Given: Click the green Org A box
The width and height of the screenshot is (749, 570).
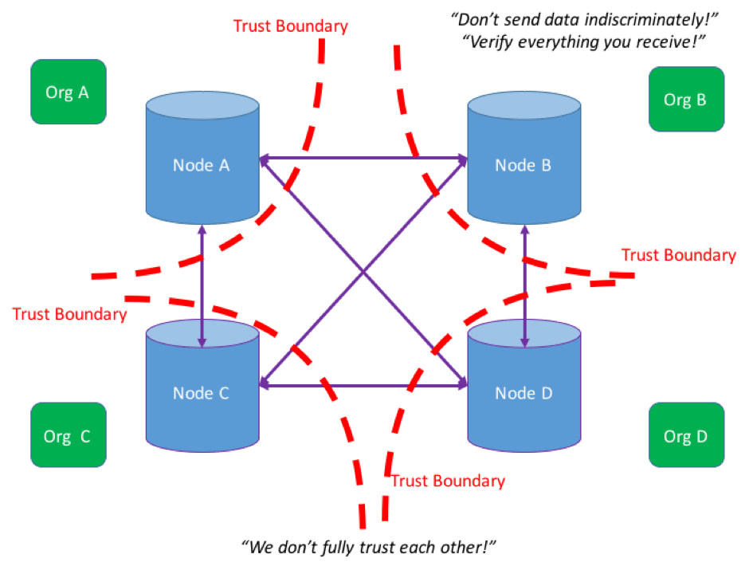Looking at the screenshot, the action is point(69,92).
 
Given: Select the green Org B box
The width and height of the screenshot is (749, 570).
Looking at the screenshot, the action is point(686,99).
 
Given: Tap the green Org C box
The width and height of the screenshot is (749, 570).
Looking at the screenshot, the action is point(69,434).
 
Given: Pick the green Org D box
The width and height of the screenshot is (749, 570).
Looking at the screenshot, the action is point(686,434).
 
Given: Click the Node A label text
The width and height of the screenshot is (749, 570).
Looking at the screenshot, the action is point(201,165).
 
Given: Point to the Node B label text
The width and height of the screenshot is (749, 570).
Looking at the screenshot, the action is point(523,165).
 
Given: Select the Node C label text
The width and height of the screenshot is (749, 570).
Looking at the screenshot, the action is point(201,393).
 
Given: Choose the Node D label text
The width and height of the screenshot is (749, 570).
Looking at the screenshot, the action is point(524,393).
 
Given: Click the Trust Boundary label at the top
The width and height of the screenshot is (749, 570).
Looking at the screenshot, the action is point(290,26).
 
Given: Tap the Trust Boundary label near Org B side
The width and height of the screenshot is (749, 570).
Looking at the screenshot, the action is point(679,255).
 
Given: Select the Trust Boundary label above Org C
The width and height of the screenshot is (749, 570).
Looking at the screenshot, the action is point(70,314).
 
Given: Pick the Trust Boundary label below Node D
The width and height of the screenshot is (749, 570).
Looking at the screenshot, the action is point(448,481).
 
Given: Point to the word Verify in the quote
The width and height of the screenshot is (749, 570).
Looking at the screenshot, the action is point(492,42).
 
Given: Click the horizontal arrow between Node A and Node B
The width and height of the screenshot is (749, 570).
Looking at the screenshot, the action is point(363,158).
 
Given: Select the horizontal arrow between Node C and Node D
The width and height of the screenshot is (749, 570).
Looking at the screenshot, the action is point(363,385).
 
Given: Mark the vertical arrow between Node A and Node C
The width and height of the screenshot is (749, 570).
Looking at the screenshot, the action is point(202,285).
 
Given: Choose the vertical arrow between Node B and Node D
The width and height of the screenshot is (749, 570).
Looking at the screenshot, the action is point(524,285).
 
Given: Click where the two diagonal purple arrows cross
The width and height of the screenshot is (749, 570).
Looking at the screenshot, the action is point(363,272).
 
